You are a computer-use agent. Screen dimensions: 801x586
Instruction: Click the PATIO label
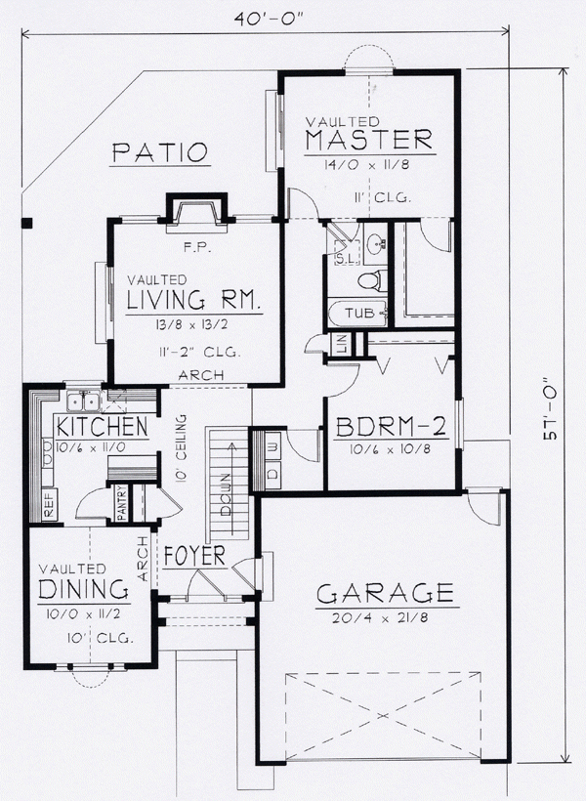pos(159,152)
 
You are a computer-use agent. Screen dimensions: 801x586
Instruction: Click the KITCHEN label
pos(102,427)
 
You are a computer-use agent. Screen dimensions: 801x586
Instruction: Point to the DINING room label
pos(84,589)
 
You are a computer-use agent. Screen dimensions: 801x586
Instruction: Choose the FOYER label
pos(194,556)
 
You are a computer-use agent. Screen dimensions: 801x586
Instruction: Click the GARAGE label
pos(385,592)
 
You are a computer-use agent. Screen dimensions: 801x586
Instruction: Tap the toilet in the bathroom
pos(368,280)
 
